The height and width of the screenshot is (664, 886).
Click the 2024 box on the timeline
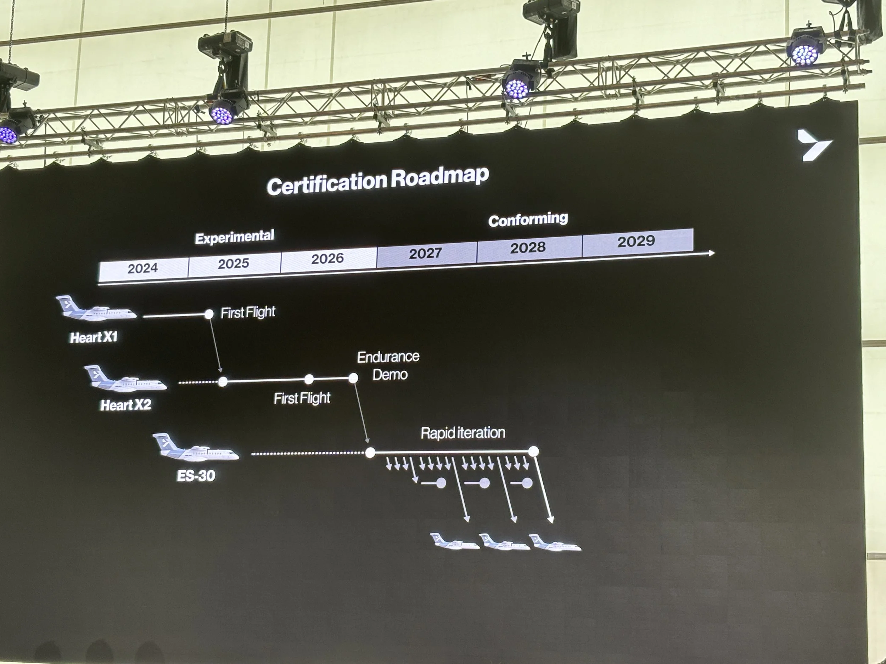click(x=143, y=268)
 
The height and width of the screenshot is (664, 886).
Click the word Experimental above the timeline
click(x=234, y=237)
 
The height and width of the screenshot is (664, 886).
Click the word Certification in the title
click(x=326, y=183)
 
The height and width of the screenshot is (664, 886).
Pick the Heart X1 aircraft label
click(x=94, y=337)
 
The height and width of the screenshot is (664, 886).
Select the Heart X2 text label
click(x=125, y=405)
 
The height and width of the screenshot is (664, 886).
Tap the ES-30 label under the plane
click(x=196, y=476)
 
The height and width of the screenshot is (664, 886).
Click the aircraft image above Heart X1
click(x=96, y=310)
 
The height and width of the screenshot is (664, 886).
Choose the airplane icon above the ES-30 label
click(x=196, y=448)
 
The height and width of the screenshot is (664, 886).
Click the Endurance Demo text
click(x=388, y=365)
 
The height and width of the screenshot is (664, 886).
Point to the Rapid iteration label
click(x=462, y=433)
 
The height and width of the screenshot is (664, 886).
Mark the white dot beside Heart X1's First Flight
click(x=209, y=314)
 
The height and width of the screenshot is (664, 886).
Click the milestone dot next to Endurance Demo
click(x=353, y=378)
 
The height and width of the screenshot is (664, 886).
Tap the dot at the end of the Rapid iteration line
click(x=533, y=452)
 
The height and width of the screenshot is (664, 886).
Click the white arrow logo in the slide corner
click(x=813, y=145)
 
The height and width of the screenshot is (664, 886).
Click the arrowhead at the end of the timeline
click(x=711, y=253)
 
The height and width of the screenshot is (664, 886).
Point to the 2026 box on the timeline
click(x=328, y=259)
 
